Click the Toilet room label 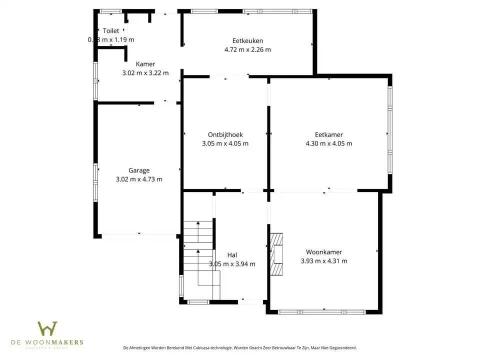pyautogui.click(x=111, y=31)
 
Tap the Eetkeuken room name pyautogui.click(x=247, y=41)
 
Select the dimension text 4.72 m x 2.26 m pyautogui.click(x=247, y=49)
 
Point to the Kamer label pyautogui.click(x=145, y=64)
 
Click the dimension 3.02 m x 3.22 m pyautogui.click(x=145, y=72)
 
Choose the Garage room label pyautogui.click(x=139, y=170)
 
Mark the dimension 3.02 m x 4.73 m pyautogui.click(x=139, y=179)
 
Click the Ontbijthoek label pyautogui.click(x=225, y=134)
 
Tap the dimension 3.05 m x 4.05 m pyautogui.click(x=225, y=143)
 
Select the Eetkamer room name pyautogui.click(x=328, y=134)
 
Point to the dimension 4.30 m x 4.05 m pyautogui.click(x=328, y=143)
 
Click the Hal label pyautogui.click(x=232, y=255)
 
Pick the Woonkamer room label pyautogui.click(x=324, y=252)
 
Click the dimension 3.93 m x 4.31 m pyautogui.click(x=324, y=261)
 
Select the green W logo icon pyautogui.click(x=47, y=328)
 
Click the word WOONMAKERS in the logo pyautogui.click(x=60, y=342)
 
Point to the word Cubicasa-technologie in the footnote pyautogui.click(x=218, y=347)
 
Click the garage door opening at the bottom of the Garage pyautogui.click(x=139, y=235)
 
